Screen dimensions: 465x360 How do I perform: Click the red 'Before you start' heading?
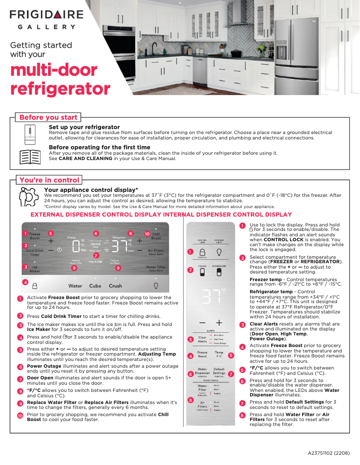48,117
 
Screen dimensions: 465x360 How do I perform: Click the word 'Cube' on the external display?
95,286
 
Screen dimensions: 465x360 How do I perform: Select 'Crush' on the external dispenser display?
115,286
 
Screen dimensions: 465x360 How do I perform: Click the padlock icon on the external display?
35,285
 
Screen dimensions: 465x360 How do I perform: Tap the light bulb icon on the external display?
156,285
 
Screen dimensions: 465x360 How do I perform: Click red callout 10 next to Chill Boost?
147,234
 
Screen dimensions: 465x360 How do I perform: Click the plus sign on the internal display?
219,322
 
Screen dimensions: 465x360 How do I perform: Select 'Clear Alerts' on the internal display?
202,339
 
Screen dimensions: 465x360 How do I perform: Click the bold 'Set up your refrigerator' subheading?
84,127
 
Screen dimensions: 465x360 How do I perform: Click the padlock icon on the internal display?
202,252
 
